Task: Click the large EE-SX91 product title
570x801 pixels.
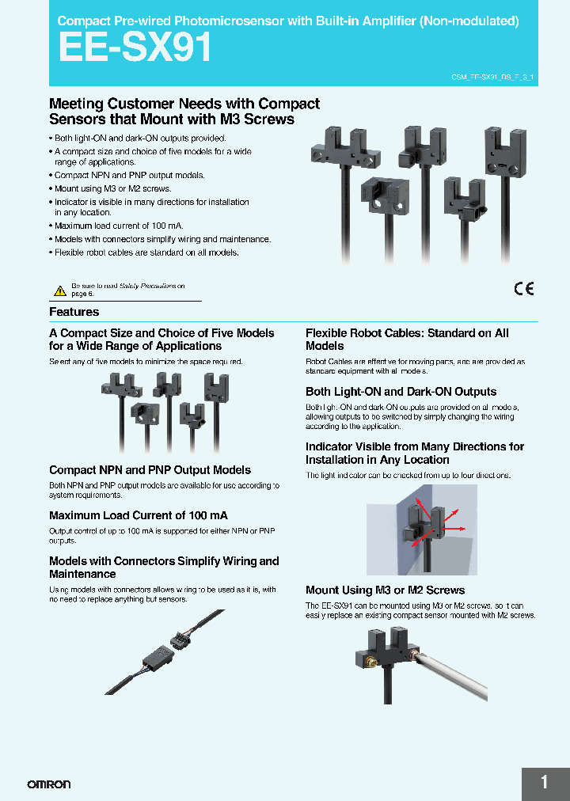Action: tap(135, 48)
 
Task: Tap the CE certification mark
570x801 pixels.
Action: tap(524, 289)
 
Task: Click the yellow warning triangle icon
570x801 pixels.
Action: tap(59, 290)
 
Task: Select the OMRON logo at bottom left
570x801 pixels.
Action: tap(49, 784)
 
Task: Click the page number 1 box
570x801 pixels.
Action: tap(545, 783)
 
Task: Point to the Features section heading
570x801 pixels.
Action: tap(74, 312)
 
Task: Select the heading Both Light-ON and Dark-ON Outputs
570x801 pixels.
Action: tap(401, 392)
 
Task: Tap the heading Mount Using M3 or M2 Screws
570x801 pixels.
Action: tap(385, 590)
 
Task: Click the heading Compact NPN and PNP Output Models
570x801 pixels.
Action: tap(150, 470)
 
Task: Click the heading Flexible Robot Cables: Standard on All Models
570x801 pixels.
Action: tap(407, 340)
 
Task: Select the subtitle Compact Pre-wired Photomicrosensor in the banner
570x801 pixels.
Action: tap(289, 21)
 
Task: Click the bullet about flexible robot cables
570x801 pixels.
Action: tap(146, 252)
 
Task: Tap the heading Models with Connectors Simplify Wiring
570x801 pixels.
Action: tap(164, 568)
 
